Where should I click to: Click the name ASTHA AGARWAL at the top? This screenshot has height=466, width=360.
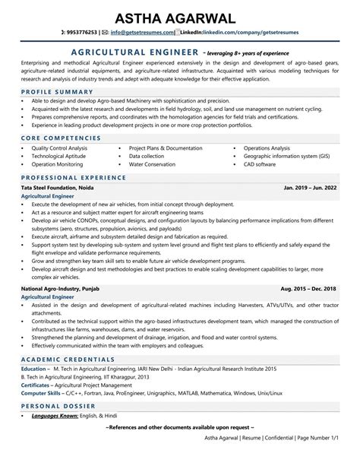tap(180, 17)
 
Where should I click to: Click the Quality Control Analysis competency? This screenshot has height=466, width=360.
tap(65, 148)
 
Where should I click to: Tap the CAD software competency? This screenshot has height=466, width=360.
tap(260, 163)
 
